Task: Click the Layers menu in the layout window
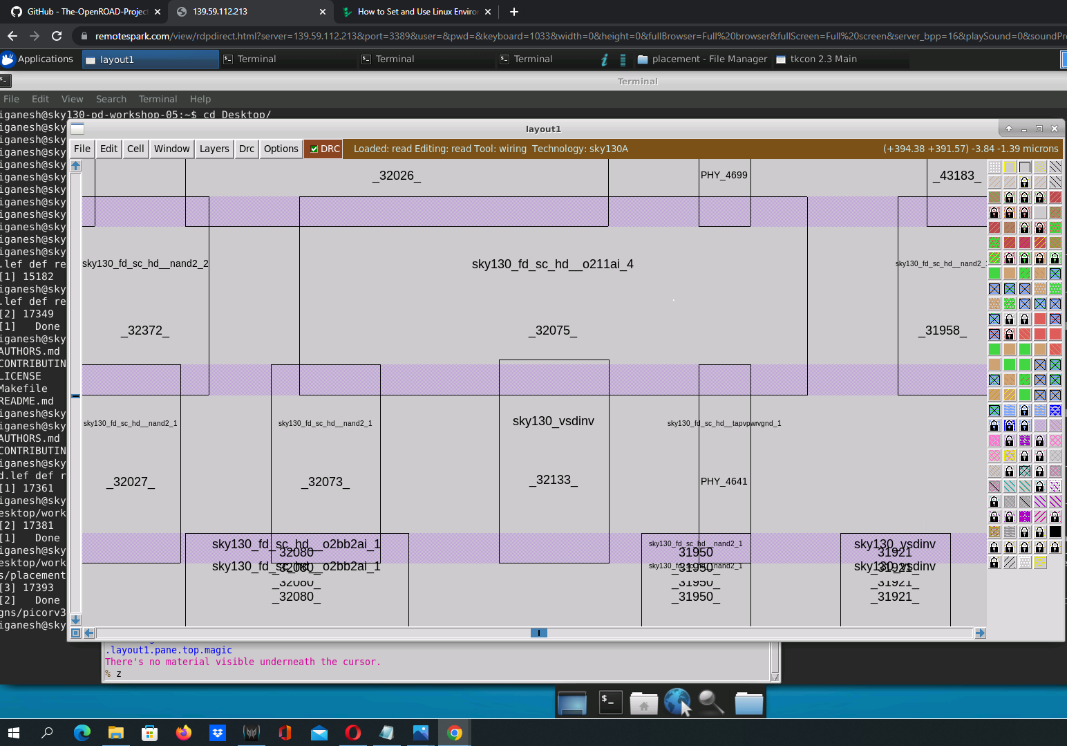[214, 149]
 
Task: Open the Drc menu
[247, 149]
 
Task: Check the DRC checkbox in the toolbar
[314, 149]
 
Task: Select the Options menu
[281, 149]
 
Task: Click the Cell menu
[135, 149]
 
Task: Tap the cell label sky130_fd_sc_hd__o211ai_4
[552, 264]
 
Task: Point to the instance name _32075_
[553, 330]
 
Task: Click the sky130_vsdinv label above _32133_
[553, 421]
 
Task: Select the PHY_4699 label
[724, 175]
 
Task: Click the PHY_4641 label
[724, 481]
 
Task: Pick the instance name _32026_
[397, 176]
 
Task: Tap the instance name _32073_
[325, 482]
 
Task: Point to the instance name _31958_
[943, 330]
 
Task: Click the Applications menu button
[37, 59]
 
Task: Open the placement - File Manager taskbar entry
[702, 59]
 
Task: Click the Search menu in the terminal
[111, 99]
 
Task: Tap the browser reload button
[57, 36]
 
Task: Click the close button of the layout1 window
[1055, 129]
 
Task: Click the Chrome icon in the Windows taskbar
[454, 732]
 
